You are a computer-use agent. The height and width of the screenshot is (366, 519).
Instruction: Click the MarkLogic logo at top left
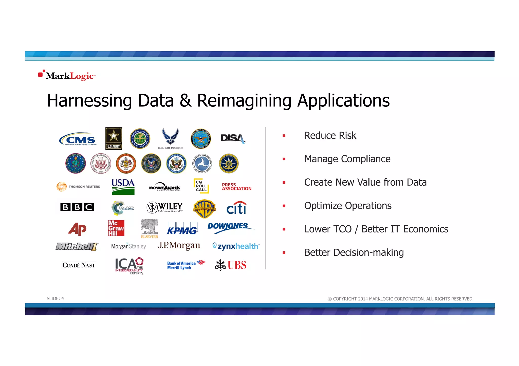(67, 75)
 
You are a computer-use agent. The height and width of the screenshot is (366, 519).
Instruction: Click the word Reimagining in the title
(244, 101)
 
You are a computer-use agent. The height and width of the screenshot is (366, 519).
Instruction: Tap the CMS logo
(78, 139)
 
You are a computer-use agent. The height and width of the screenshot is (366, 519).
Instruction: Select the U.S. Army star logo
(114, 138)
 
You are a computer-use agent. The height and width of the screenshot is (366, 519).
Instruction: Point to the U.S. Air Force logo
(170, 139)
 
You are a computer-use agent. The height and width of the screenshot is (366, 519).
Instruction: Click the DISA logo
(233, 138)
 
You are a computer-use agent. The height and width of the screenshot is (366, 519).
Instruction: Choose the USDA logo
(123, 187)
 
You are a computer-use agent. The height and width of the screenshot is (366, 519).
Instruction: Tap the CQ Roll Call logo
(201, 186)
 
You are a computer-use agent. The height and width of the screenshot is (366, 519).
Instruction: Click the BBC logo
(77, 207)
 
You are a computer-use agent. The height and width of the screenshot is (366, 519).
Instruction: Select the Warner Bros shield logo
(204, 209)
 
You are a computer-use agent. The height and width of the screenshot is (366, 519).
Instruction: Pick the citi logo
(236, 208)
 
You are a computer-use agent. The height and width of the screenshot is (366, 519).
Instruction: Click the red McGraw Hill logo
(116, 228)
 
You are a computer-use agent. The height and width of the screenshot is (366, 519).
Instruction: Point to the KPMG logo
(182, 228)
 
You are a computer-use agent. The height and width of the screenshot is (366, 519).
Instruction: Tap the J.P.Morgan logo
(179, 246)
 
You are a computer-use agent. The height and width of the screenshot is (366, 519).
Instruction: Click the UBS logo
(231, 265)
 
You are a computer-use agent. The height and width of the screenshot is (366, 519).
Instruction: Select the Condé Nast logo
(79, 265)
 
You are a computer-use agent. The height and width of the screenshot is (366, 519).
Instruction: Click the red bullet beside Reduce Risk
(284, 136)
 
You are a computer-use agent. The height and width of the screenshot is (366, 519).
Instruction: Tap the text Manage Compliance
(347, 159)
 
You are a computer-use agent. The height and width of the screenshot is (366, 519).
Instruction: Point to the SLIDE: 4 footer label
(55, 298)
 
